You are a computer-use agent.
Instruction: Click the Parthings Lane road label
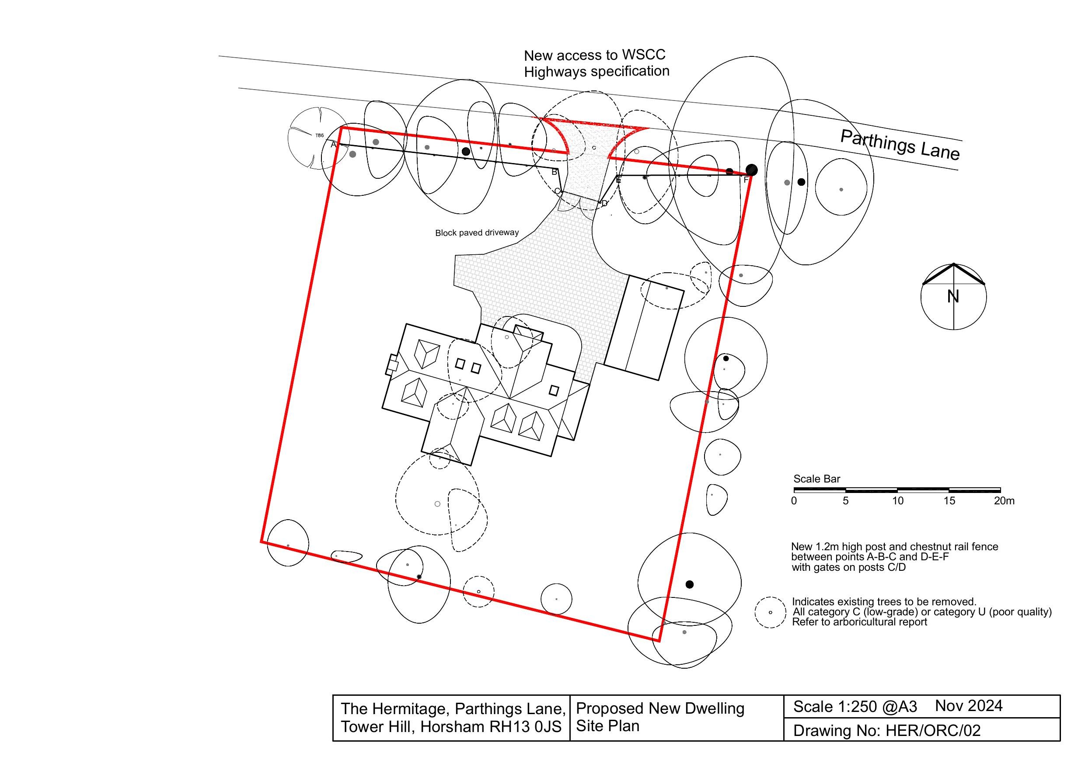(900, 145)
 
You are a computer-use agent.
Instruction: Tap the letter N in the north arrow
(952, 297)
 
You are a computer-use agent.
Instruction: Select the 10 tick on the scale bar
(897, 501)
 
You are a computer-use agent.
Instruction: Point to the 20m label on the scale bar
(1004, 501)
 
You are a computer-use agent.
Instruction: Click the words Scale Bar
(816, 479)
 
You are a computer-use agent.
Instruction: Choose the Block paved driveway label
(477, 233)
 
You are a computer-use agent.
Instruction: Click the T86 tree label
(319, 136)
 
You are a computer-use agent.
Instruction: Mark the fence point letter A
(333, 145)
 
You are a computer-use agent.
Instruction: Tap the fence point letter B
(555, 172)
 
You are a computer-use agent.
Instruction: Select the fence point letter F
(746, 180)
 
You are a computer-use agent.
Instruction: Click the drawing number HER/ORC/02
(933, 731)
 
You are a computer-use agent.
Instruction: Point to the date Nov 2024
(969, 706)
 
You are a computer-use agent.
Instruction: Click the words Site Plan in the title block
(608, 726)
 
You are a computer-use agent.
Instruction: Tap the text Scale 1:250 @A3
(855, 707)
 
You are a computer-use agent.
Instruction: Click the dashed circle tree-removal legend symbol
(770, 613)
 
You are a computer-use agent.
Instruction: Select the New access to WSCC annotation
(594, 55)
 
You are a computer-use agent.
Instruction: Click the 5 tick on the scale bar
(845, 501)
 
